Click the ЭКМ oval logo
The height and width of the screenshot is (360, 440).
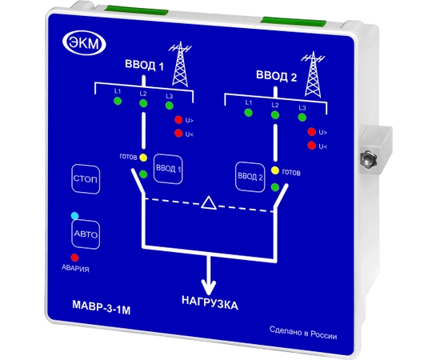pos(84,43)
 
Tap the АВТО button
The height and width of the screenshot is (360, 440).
pos(86,234)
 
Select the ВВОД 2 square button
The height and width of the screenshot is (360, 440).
pos(250,177)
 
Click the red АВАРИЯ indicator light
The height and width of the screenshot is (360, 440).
pos(74,258)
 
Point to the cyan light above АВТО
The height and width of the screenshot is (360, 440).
pos(74,216)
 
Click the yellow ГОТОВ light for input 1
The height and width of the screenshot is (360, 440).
pos(143,158)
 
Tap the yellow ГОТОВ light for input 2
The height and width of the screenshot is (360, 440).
pos(275,170)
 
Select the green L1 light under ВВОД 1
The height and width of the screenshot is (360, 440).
pos(118,101)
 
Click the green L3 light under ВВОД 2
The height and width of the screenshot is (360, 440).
pos(302,117)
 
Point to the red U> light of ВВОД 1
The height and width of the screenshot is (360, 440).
pos(178,120)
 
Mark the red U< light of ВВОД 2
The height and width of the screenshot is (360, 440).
pos(311,146)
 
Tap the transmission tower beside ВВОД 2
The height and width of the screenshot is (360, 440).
pos(313,74)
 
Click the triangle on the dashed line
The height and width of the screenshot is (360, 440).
pos(209,203)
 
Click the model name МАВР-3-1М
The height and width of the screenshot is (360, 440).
pos(102,307)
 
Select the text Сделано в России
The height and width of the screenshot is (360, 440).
pos(303,333)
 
